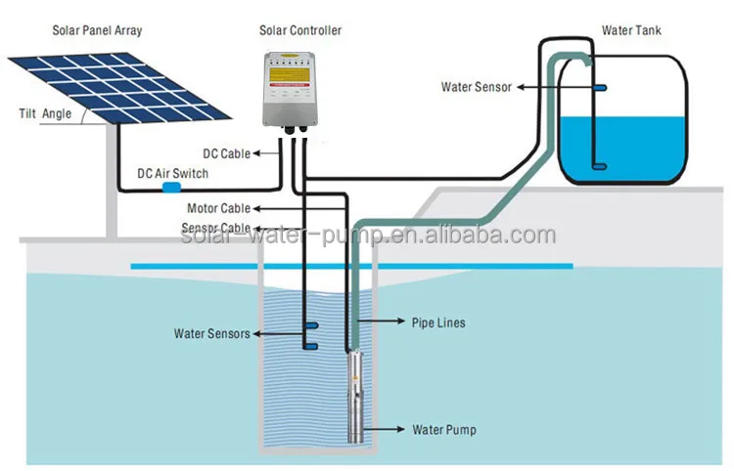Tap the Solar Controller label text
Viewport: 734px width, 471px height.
tap(300, 30)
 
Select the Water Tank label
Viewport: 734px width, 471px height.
tap(630, 30)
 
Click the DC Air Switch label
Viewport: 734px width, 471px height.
tap(172, 173)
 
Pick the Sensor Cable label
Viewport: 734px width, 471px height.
tap(216, 228)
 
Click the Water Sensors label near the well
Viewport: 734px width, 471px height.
tap(212, 333)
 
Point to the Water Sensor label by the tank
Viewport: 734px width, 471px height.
tap(479, 87)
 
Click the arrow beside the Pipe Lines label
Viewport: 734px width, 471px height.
tap(384, 321)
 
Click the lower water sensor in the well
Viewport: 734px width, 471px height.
tap(309, 345)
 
